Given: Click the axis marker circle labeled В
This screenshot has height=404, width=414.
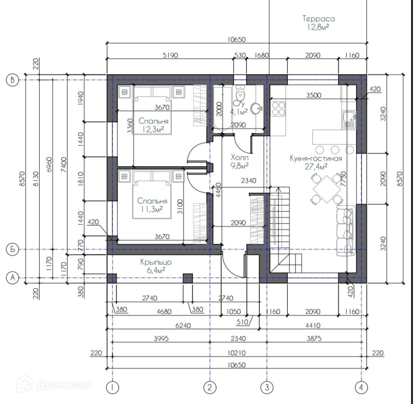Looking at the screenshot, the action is (x=13, y=80).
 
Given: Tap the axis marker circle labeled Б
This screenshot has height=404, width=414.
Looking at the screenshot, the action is (x=13, y=250).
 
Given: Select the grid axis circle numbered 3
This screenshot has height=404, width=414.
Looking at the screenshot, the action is (x=267, y=387).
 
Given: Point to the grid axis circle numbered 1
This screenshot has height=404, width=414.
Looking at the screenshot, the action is (x=112, y=388).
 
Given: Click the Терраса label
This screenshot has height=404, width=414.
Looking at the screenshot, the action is (x=318, y=19).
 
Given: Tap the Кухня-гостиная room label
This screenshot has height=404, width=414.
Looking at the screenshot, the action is (x=316, y=158).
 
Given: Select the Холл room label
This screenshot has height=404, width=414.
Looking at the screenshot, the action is (x=240, y=158).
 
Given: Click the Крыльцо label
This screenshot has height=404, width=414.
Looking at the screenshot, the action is (x=156, y=262).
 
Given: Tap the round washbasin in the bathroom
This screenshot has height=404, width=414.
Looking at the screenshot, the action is (x=256, y=108).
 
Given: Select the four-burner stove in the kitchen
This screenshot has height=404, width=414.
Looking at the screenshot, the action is (x=279, y=109).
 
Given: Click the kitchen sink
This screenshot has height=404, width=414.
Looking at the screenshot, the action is (x=349, y=120).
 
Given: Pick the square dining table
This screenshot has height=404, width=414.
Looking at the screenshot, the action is (x=327, y=189).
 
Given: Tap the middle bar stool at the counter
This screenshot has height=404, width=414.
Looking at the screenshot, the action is (x=335, y=150).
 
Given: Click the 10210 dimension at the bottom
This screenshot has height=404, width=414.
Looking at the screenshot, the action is (x=236, y=352).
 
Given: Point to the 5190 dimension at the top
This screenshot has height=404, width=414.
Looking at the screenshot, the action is (x=170, y=55).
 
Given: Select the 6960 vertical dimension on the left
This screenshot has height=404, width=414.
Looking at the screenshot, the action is (x=49, y=165).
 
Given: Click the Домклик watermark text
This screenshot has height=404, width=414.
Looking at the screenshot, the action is (x=63, y=385).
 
